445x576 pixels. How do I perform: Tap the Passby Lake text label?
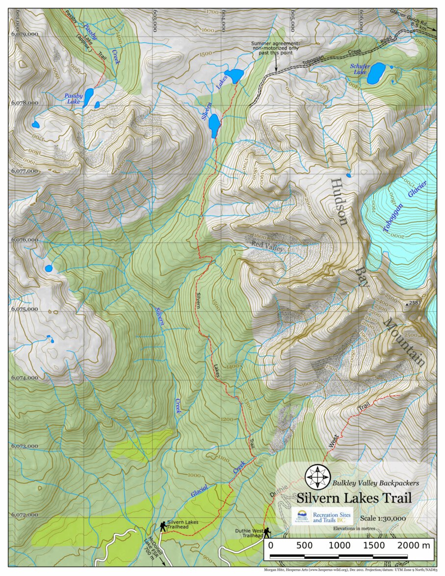click(73, 99)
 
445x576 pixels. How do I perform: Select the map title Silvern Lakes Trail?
click(354, 497)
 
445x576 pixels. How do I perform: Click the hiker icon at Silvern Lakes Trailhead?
click(162, 526)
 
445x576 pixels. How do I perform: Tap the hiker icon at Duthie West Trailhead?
click(267, 532)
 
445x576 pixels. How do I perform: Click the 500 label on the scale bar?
click(305, 545)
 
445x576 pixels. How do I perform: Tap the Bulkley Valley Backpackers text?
click(376, 483)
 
